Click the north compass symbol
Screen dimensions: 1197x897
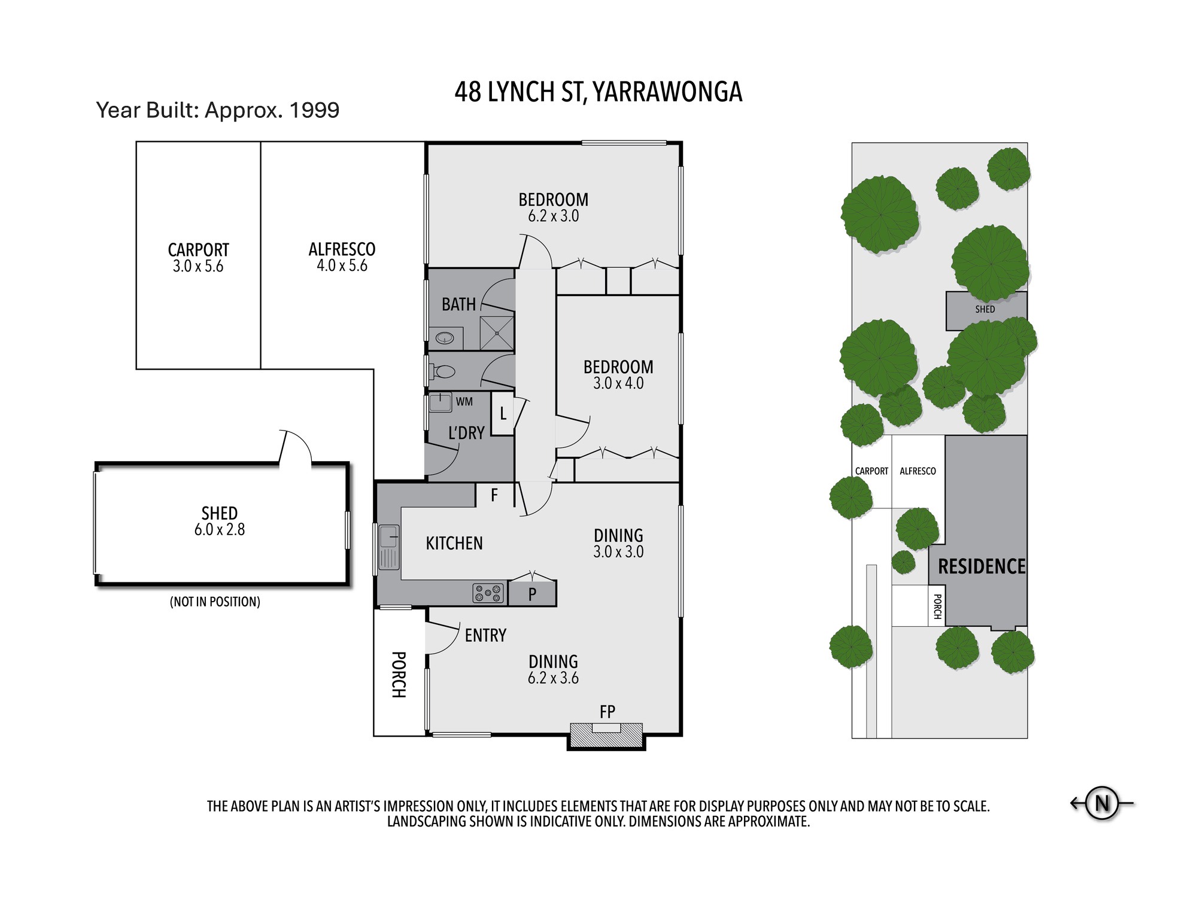click(x=1102, y=803)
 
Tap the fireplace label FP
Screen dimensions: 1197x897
click(x=607, y=712)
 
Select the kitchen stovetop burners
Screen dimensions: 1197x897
click(x=488, y=593)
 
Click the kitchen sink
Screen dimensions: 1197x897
click(x=389, y=547)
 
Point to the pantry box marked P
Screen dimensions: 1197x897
click(x=532, y=594)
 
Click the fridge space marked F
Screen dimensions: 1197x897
click(x=494, y=495)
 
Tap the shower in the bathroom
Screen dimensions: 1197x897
click(x=497, y=333)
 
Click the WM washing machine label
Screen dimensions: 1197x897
click(x=464, y=402)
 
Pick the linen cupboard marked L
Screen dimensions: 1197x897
click(x=503, y=413)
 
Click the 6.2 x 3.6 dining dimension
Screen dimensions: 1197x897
click(x=553, y=678)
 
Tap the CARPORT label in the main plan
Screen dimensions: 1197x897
click(x=198, y=249)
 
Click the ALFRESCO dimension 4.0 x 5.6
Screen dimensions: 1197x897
click(x=342, y=266)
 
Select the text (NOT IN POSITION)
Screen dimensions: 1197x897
click(x=215, y=602)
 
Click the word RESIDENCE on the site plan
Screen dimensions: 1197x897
click(x=982, y=566)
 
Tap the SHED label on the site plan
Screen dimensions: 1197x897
click(x=985, y=309)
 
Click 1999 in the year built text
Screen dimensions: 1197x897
click(x=314, y=110)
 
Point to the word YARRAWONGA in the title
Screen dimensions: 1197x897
click(x=668, y=92)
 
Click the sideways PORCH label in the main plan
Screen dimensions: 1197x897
click(x=399, y=675)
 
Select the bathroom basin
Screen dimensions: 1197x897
click(x=445, y=338)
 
